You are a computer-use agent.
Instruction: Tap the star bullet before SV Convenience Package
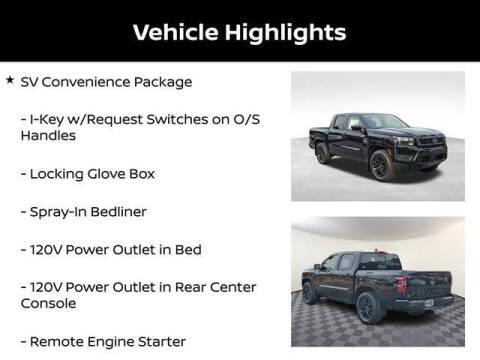click(9, 81)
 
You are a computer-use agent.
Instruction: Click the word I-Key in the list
click(48, 119)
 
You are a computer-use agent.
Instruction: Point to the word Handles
click(47, 137)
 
